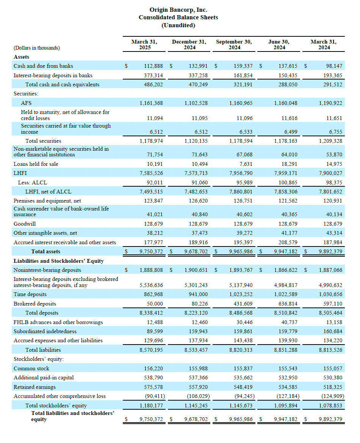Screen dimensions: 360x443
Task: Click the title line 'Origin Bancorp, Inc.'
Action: [178, 10]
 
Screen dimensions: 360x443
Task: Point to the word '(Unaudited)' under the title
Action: [178, 25]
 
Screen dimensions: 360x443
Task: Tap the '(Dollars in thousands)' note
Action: [37, 48]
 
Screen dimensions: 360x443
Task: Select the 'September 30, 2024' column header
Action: [234, 45]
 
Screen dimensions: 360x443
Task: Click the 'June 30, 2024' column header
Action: [279, 45]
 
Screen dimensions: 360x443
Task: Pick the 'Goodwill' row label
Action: [25, 224]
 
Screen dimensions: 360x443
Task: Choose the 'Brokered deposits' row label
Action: [35, 304]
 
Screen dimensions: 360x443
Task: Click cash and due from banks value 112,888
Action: [153, 66]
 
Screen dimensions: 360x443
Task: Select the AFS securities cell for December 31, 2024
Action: [196, 103]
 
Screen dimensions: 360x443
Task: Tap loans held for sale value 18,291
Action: [290, 164]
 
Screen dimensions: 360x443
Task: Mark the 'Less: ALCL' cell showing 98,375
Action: [334, 183]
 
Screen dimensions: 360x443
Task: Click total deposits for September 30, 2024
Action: [241, 313]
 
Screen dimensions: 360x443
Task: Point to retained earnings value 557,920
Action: [198, 387]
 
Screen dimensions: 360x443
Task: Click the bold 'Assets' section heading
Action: [22, 57]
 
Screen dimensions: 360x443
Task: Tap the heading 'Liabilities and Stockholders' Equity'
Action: [59, 261]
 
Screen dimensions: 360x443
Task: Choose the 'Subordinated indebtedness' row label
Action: [45, 331]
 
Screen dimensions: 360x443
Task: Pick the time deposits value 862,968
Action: [153, 295]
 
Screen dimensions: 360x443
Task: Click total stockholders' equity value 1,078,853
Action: [330, 406]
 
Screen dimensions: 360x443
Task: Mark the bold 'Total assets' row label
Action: [46, 252]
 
